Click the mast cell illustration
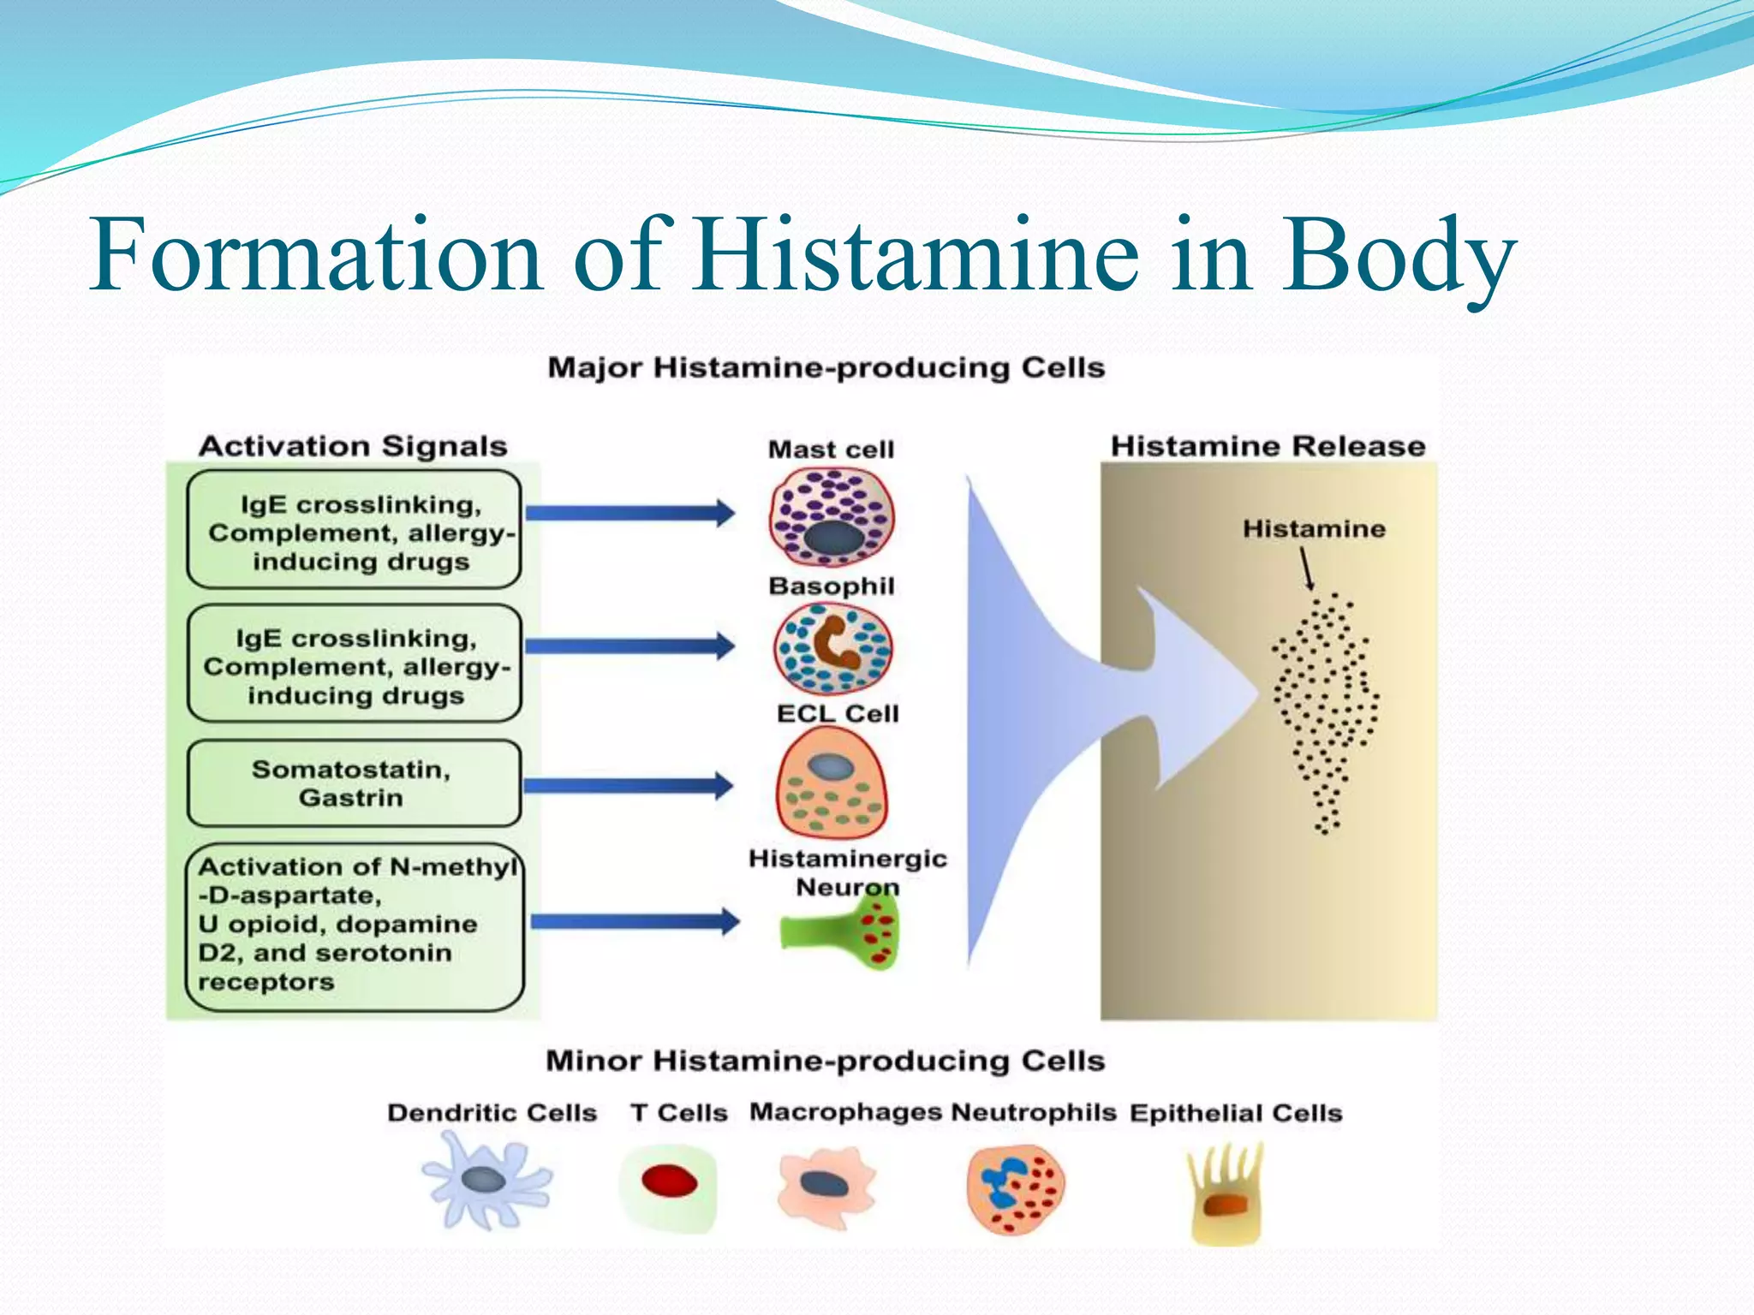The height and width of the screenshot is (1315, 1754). [x=831, y=516]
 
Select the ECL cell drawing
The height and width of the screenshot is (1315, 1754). [x=831, y=783]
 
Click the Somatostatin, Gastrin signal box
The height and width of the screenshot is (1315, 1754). [x=354, y=782]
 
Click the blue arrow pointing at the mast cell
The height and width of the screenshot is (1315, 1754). [x=629, y=513]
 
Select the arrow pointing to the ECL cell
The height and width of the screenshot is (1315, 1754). [x=628, y=785]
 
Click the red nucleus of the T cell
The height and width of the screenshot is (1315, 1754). [x=669, y=1182]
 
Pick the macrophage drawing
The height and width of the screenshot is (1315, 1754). [x=825, y=1187]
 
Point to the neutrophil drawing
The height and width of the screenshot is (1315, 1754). [x=1016, y=1189]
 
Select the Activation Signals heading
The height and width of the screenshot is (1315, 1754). [x=353, y=446]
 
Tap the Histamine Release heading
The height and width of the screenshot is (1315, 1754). [x=1268, y=446]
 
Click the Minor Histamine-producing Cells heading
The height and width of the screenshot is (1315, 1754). [x=825, y=1061]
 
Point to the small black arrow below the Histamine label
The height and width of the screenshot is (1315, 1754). [x=1306, y=568]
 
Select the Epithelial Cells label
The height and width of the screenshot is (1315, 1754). [x=1235, y=1113]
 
